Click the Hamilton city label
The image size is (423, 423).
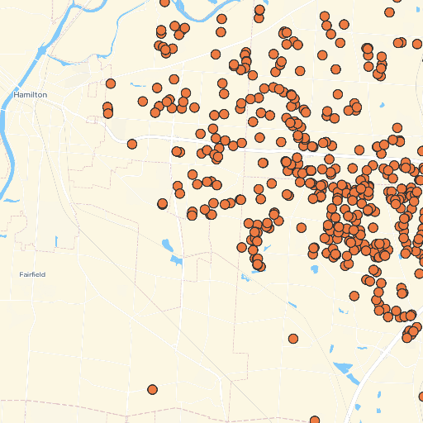click(x=31, y=95)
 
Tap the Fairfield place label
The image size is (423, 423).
click(x=32, y=273)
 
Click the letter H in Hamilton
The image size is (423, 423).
click(x=17, y=95)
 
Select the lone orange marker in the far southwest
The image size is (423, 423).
click(x=152, y=389)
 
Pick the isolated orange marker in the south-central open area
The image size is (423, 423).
click(x=293, y=338)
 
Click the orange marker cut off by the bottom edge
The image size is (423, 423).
click(x=315, y=421)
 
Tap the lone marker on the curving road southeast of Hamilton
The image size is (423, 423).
click(x=132, y=144)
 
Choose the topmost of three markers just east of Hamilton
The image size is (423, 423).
click(x=111, y=83)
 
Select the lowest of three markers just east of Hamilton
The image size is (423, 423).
click(x=108, y=113)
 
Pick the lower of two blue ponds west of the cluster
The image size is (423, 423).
click(x=175, y=260)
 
